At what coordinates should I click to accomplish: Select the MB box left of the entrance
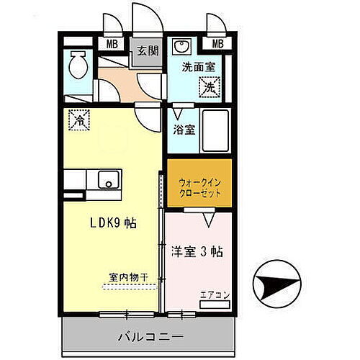point(113,43)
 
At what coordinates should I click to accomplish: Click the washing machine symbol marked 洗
point(208,89)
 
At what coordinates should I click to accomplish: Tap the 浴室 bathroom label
point(184,130)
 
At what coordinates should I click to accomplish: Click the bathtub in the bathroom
point(215,130)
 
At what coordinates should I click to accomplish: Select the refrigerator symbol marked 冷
point(78,120)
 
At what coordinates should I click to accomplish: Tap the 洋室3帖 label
point(197,252)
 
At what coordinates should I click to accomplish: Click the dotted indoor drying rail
point(128,286)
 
